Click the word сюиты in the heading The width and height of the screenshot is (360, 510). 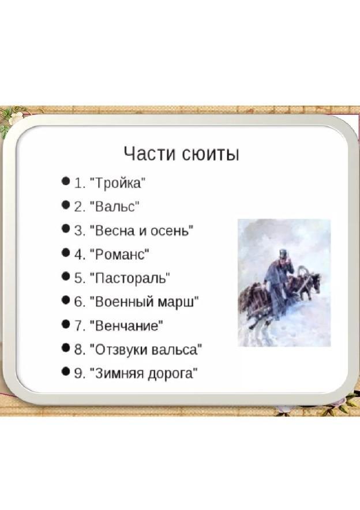pos(211,153)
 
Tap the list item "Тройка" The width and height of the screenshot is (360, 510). pos(118,183)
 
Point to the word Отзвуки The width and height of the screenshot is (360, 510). pos(121,350)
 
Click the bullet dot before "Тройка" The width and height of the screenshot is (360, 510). pos(66,181)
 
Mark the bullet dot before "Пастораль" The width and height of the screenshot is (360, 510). pos(66,276)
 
